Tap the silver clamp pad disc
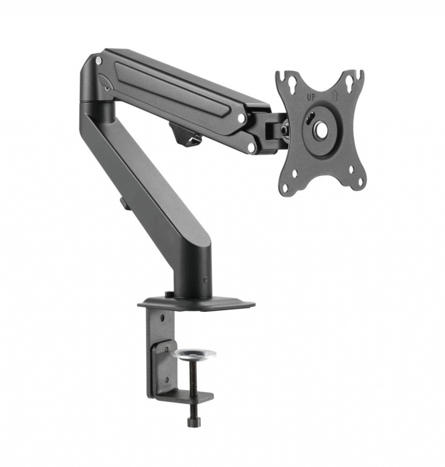pyautogui.click(x=194, y=354)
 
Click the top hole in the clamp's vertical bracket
pyautogui.click(x=162, y=318)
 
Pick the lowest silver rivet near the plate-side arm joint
pyautogui.click(x=252, y=148)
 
